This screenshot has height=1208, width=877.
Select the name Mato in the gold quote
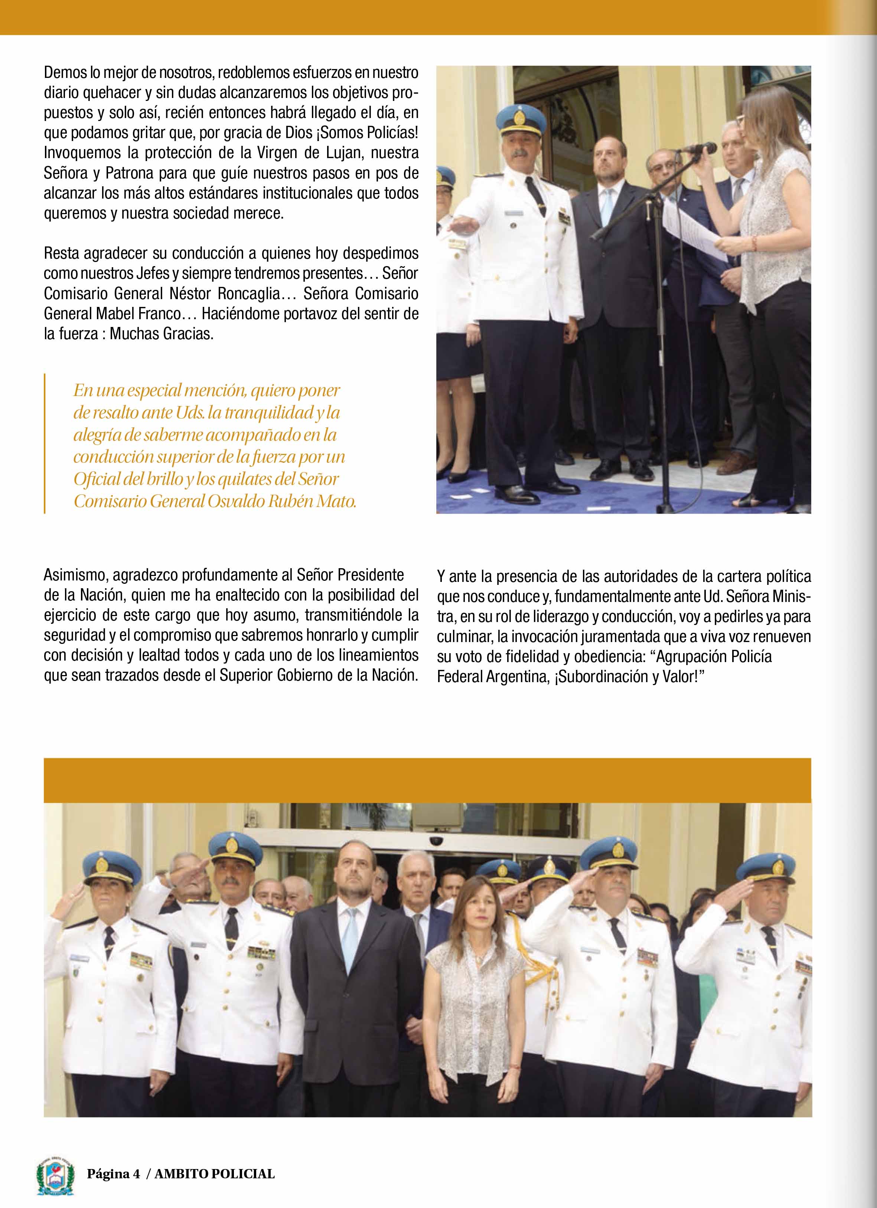(x=338, y=501)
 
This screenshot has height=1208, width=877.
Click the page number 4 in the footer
(x=136, y=1188)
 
